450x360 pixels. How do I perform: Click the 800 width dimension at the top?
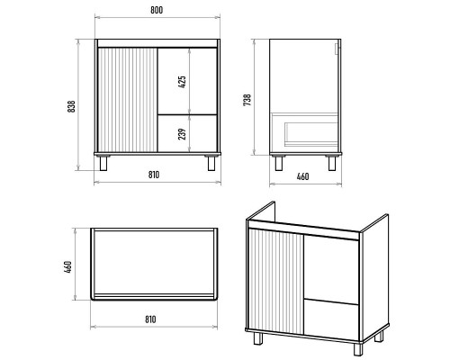click(157, 10)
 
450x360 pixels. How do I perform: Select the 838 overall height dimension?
click(71, 106)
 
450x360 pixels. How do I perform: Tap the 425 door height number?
click(182, 82)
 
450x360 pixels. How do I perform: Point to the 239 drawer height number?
click(182, 134)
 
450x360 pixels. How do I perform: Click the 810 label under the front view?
click(154, 175)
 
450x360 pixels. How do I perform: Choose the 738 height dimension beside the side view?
click(247, 100)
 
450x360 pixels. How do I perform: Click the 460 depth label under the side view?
click(302, 176)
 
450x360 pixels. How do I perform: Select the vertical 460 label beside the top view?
click(68, 267)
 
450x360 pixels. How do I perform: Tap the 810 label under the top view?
click(150, 319)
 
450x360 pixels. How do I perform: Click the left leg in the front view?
click(103, 164)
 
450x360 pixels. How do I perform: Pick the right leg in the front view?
click(211, 164)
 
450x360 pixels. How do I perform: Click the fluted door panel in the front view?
click(128, 100)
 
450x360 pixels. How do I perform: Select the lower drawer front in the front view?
click(187, 133)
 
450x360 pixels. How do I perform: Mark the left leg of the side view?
click(279, 164)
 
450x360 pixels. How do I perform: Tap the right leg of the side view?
click(332, 164)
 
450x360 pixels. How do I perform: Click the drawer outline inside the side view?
click(304, 130)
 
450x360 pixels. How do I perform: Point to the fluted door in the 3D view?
click(276, 281)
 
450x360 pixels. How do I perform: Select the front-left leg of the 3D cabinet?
click(258, 338)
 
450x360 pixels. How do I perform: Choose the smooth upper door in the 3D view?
click(331, 269)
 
